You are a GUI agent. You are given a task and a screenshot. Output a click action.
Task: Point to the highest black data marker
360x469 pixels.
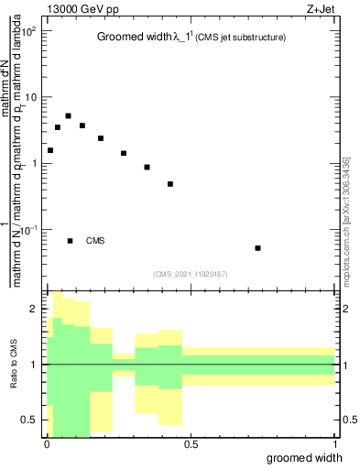click(x=69, y=116)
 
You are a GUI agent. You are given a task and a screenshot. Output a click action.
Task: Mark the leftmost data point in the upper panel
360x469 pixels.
click(x=50, y=150)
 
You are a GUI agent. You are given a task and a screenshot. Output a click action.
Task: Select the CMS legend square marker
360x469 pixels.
click(x=71, y=241)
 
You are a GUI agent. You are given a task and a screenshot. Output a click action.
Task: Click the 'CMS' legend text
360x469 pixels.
click(x=96, y=241)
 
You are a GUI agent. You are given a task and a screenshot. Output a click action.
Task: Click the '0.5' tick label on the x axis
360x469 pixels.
click(x=191, y=444)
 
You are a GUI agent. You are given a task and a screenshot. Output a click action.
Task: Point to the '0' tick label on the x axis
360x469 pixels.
click(x=47, y=444)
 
